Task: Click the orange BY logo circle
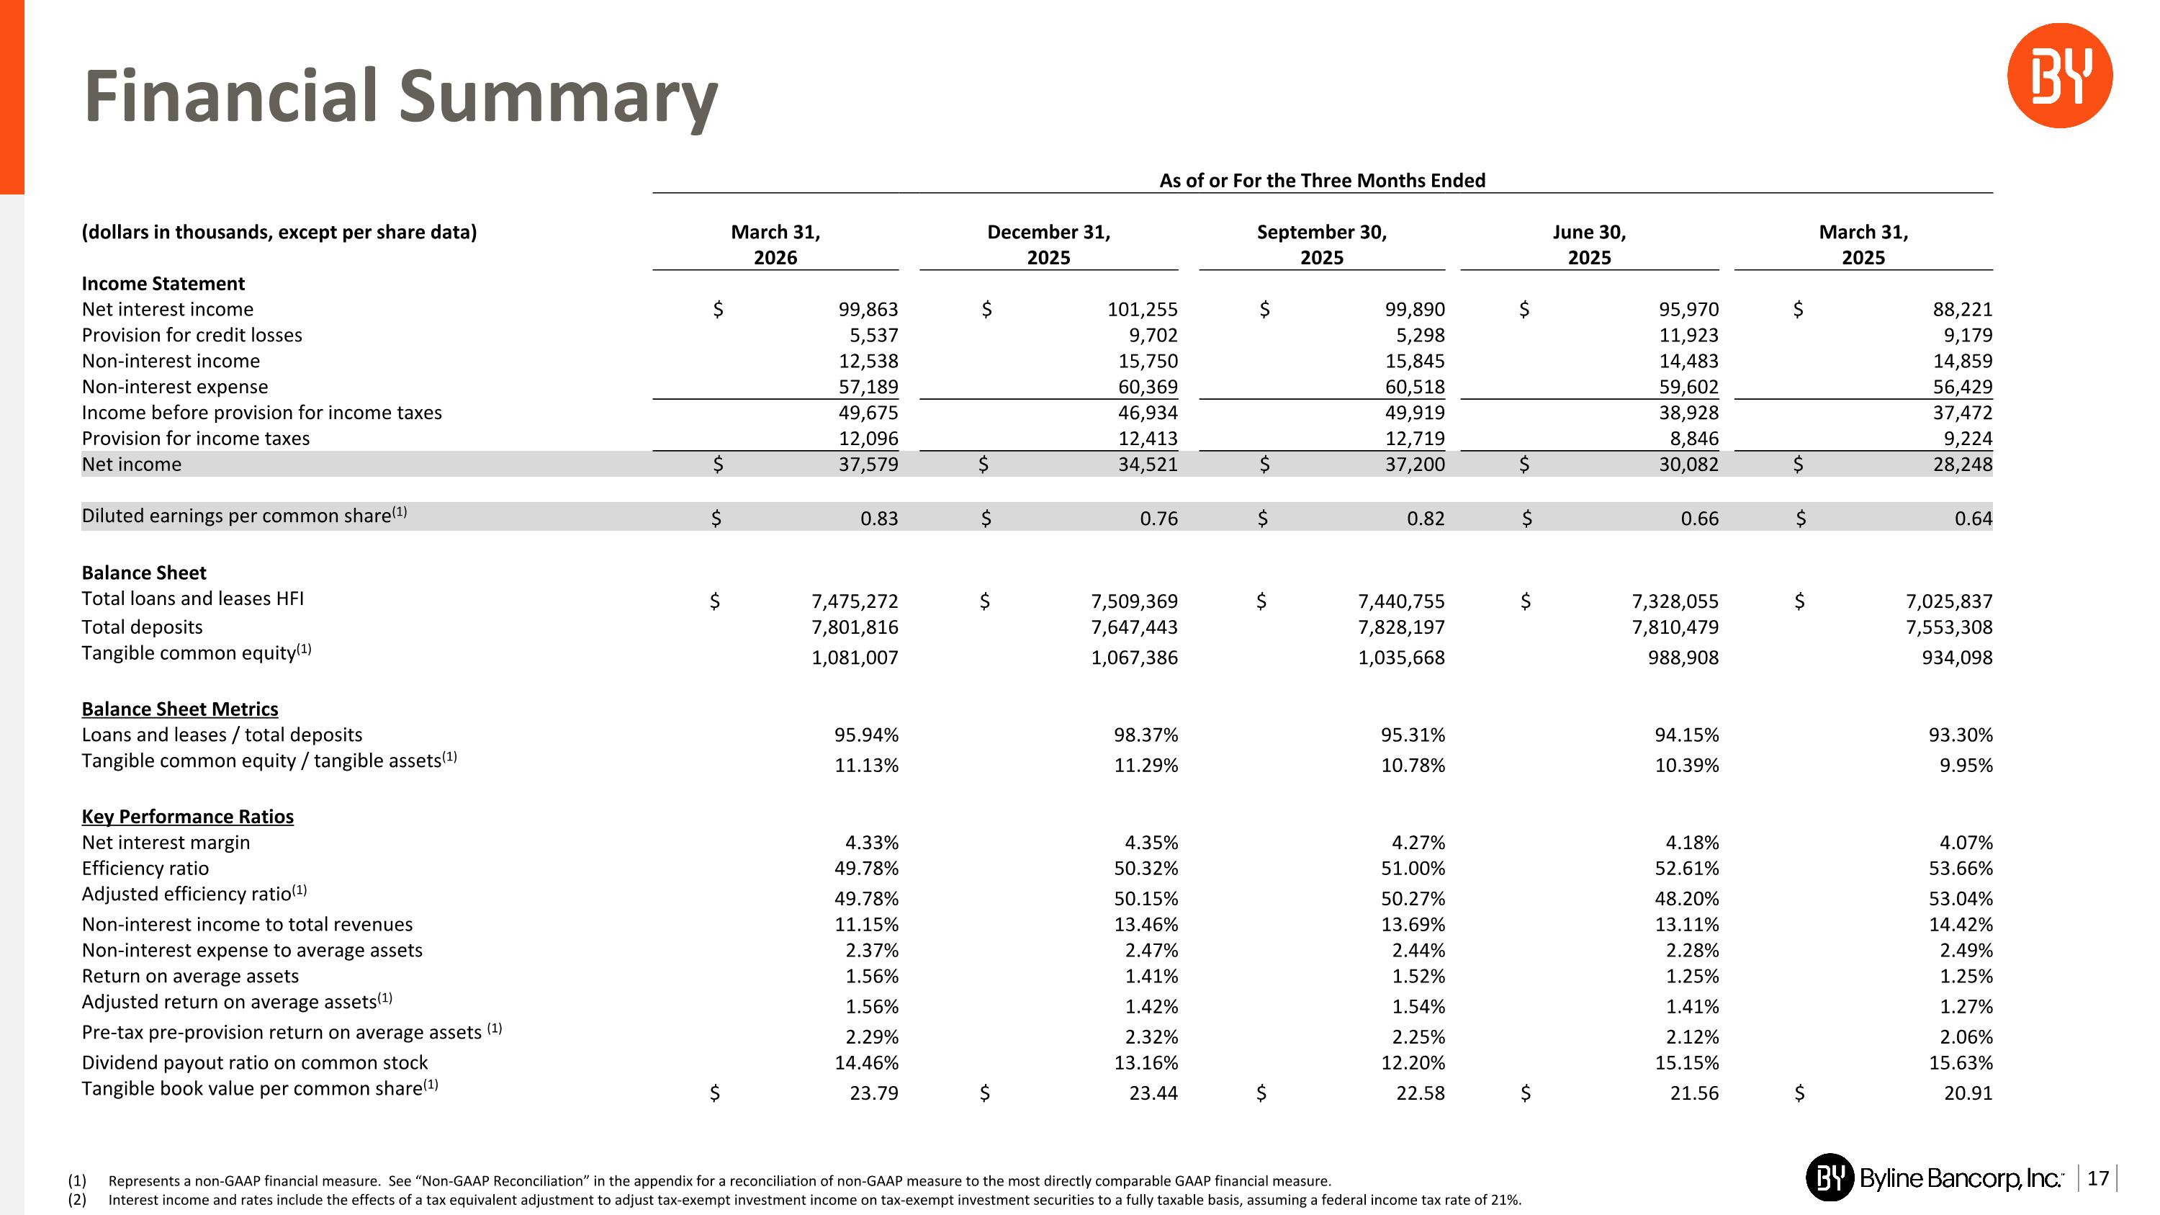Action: point(2059,76)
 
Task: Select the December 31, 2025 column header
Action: point(1049,244)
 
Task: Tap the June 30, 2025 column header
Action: point(1590,244)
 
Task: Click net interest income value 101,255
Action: point(1143,310)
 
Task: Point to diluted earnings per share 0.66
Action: point(1700,519)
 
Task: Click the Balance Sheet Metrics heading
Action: point(179,709)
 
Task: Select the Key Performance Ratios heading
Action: point(188,817)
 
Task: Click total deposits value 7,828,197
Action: point(1402,627)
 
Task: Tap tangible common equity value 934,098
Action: point(1957,658)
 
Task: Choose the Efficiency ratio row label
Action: point(145,869)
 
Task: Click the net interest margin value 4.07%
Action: point(1966,843)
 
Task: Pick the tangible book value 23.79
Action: point(874,1093)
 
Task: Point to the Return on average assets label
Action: point(190,976)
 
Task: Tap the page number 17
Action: point(2098,1178)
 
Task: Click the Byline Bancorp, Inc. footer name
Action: point(1961,1179)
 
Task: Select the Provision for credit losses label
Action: point(192,336)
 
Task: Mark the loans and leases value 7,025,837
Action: point(1950,601)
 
